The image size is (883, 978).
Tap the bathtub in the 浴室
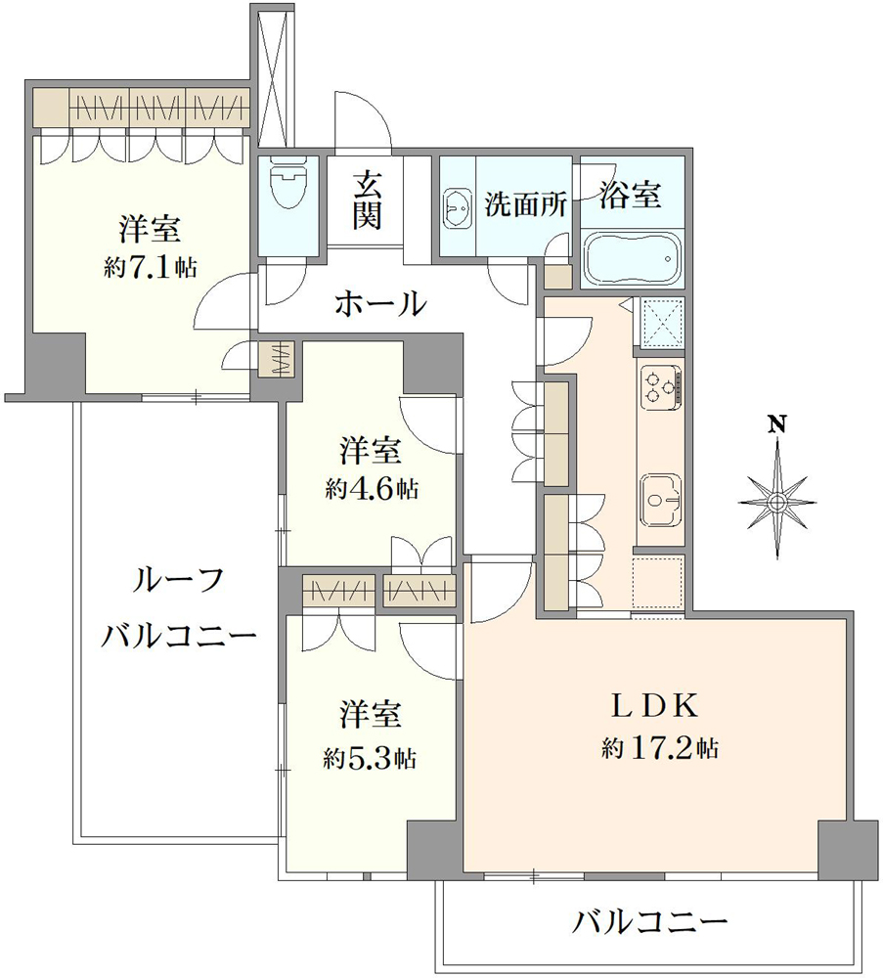pyautogui.click(x=631, y=258)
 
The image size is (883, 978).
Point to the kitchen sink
pyautogui.click(x=661, y=497)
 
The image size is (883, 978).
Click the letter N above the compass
pyautogui.click(x=776, y=423)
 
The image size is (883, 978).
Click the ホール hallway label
pyautogui.click(x=381, y=303)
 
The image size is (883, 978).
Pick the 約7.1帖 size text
pyautogui.click(x=150, y=269)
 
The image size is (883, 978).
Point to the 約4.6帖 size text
pyautogui.click(x=372, y=489)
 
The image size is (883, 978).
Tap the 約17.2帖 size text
pyautogui.click(x=661, y=749)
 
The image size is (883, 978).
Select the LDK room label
pyautogui.click(x=652, y=705)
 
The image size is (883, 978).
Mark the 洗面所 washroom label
pyautogui.click(x=526, y=205)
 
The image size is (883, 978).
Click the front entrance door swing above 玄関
pyautogui.click(x=362, y=122)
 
